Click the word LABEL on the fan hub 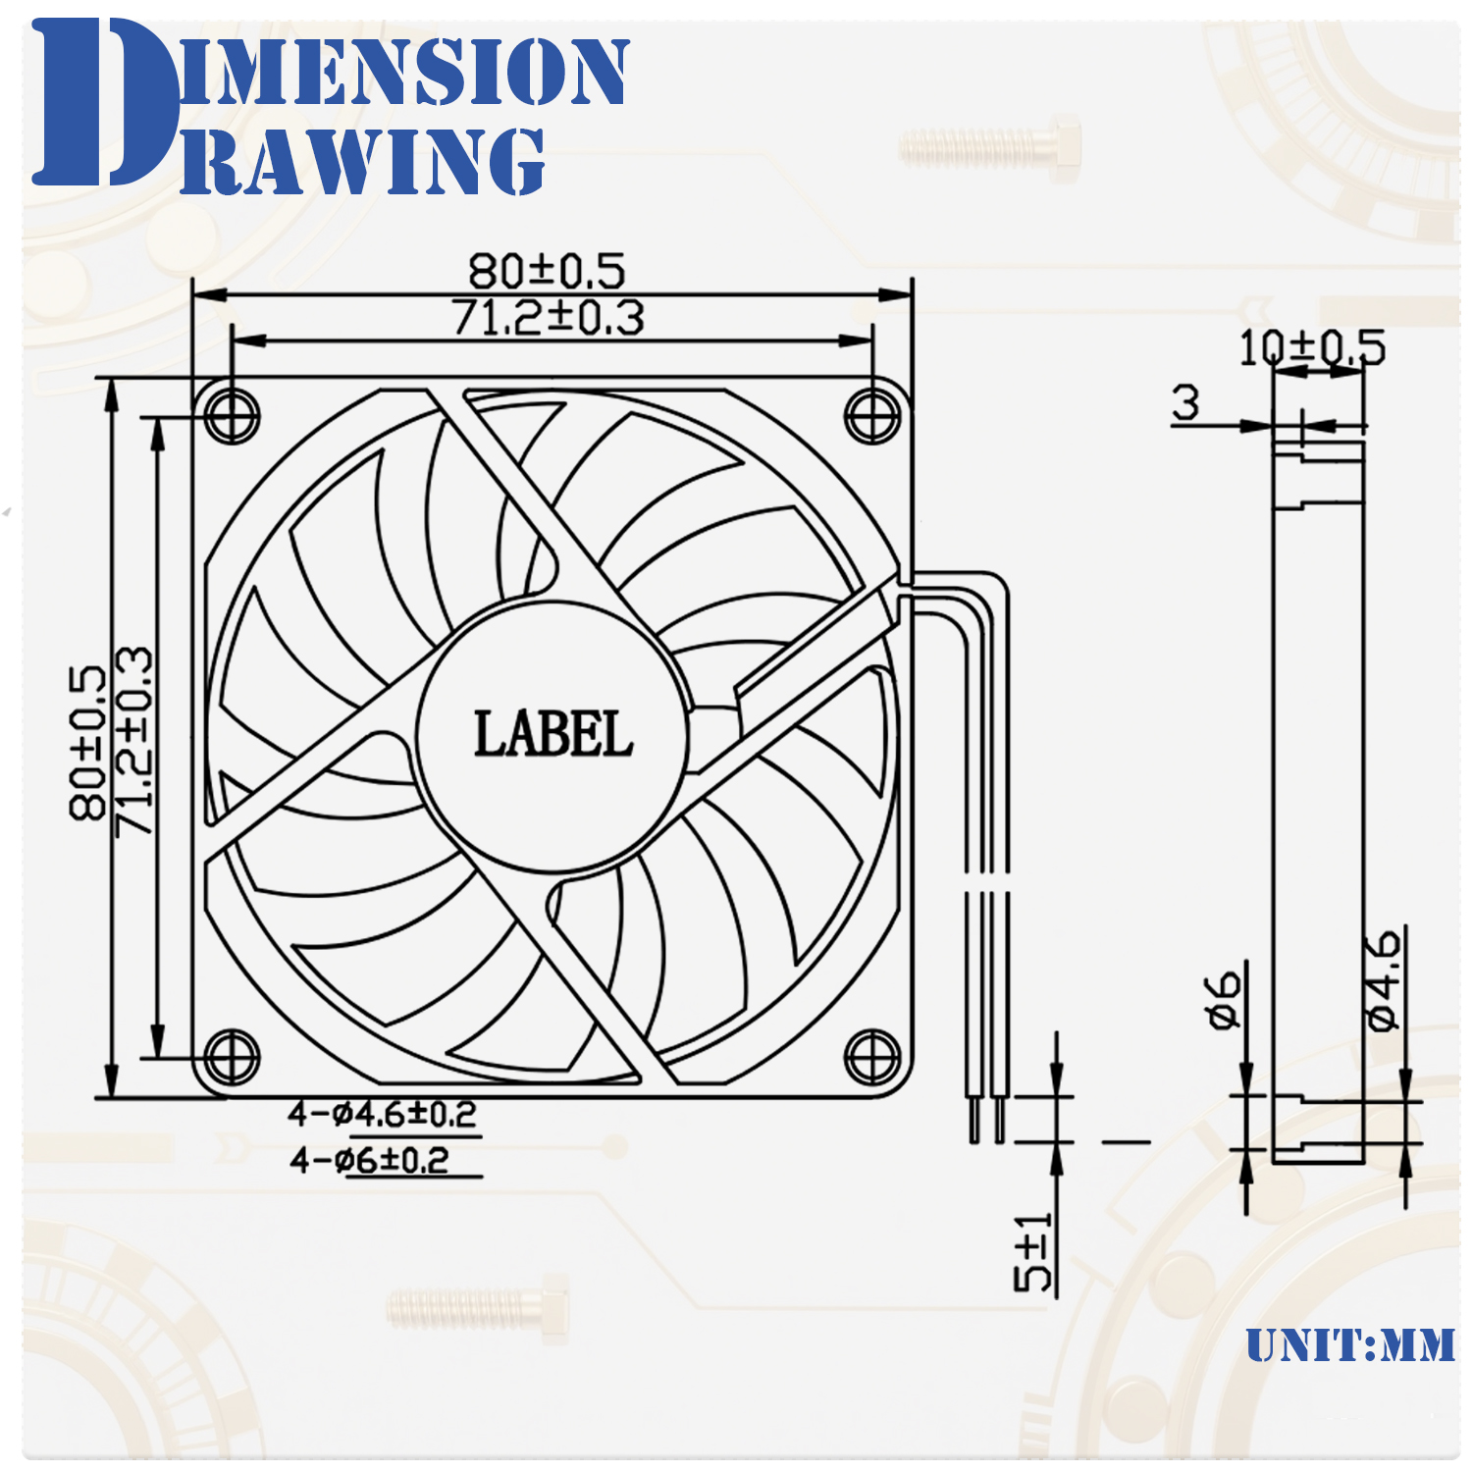[552, 735]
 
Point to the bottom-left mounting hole [233, 1058]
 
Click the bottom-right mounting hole [872, 1058]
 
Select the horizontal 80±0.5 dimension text [547, 271]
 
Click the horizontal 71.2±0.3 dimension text [548, 318]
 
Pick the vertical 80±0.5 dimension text [87, 743]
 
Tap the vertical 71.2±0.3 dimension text [134, 743]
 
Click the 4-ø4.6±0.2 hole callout [382, 1115]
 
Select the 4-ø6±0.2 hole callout [369, 1161]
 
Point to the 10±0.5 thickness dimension [1312, 348]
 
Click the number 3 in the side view [1185, 402]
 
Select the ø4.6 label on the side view [1383, 981]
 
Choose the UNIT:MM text [1350, 1345]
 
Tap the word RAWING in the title [363, 162]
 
